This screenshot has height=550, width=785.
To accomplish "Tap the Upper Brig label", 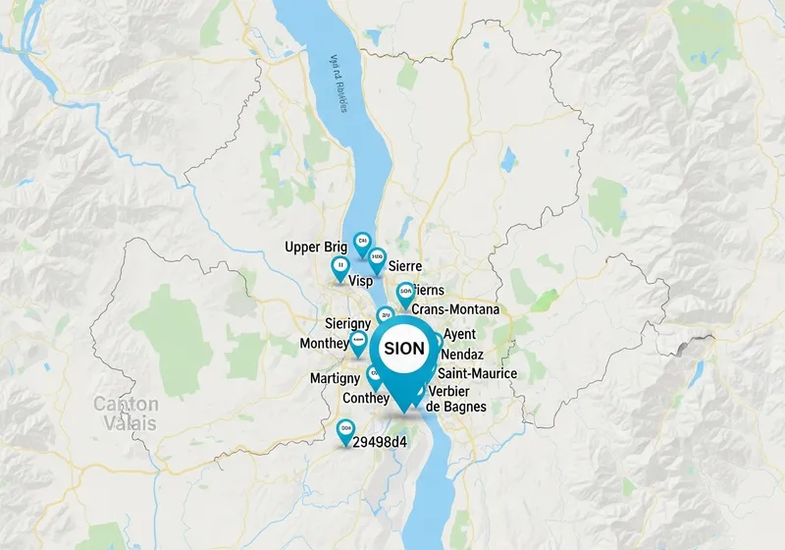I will (x=315, y=247).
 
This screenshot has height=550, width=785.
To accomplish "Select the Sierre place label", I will (x=405, y=266).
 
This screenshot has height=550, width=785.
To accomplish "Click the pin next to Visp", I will (x=340, y=266).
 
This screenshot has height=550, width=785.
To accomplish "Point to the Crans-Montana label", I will (x=455, y=309).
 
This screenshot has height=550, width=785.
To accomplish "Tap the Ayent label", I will (x=459, y=334).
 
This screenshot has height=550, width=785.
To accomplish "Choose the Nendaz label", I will (x=463, y=354).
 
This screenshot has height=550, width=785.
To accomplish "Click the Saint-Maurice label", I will (x=477, y=373).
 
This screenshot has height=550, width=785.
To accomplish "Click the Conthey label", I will (x=367, y=398).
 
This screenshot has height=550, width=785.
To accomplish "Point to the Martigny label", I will (x=336, y=378).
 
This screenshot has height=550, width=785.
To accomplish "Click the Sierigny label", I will (x=346, y=323).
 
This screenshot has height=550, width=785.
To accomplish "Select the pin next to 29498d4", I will (x=344, y=430).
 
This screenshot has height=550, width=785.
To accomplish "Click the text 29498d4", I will (x=380, y=441).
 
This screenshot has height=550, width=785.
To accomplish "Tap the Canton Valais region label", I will (x=125, y=413).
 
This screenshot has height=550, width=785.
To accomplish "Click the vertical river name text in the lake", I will (x=339, y=83).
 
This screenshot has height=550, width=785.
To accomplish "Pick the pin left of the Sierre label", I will (x=376, y=258).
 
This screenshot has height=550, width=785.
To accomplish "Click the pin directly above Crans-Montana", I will (x=404, y=292).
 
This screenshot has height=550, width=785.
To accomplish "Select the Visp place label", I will (x=361, y=281).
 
